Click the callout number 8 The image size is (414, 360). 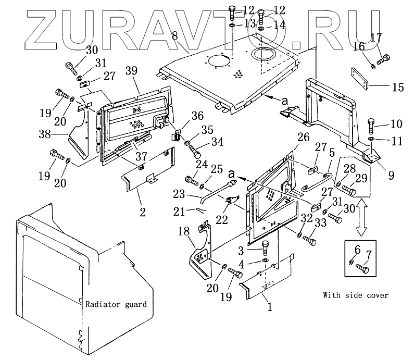(x=174, y=36)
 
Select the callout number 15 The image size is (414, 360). (x=398, y=88)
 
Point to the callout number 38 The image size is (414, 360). (x=45, y=134)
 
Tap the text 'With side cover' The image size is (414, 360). (x=355, y=295)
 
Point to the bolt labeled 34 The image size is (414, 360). (x=195, y=151)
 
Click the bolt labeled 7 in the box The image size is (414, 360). (x=363, y=269)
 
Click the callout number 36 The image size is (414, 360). (x=197, y=115)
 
